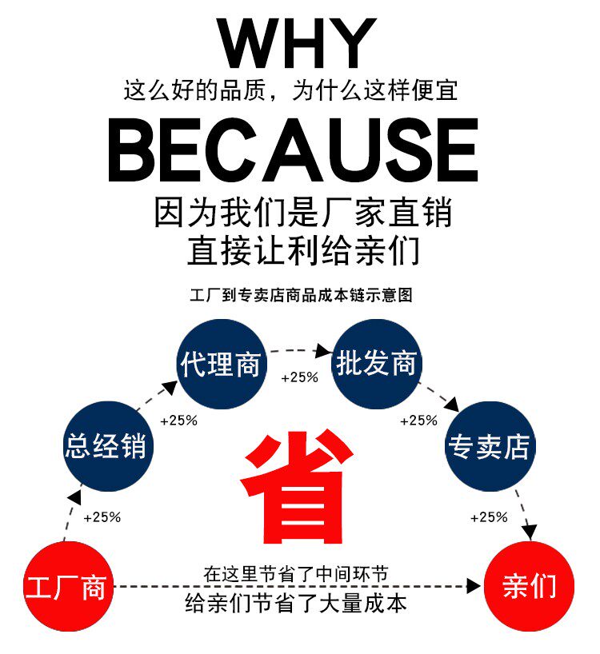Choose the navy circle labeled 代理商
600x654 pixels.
point(220,364)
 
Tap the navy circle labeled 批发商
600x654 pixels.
point(377,364)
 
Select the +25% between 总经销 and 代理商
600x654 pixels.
point(178,421)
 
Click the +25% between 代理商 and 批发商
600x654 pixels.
point(298,377)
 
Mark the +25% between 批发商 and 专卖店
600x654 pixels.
point(418,421)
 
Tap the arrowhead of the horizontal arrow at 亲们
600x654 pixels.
point(474,588)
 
